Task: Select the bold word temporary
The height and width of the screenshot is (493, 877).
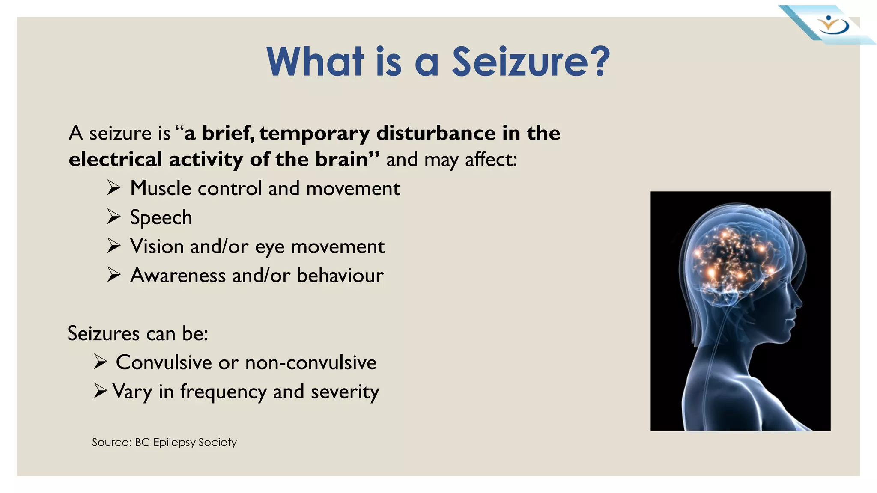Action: pyautogui.click(x=314, y=134)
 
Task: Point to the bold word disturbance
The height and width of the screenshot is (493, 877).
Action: pyautogui.click(x=436, y=133)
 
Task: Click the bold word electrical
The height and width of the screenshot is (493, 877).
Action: pyautogui.click(x=115, y=159)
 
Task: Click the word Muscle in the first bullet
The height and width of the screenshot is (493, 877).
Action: pyautogui.click(x=160, y=188)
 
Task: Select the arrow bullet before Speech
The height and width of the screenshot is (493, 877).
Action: pyautogui.click(x=114, y=217)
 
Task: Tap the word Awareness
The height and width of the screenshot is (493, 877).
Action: pyautogui.click(x=178, y=275)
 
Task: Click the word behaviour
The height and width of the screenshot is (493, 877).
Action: pyautogui.click(x=340, y=275)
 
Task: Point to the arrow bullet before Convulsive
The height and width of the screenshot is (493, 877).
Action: pyautogui.click(x=100, y=362)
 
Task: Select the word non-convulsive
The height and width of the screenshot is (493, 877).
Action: pyautogui.click(x=311, y=362)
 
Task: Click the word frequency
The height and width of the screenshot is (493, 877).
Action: pyautogui.click(x=223, y=392)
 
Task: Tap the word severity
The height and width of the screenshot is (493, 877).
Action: pyautogui.click(x=345, y=392)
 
